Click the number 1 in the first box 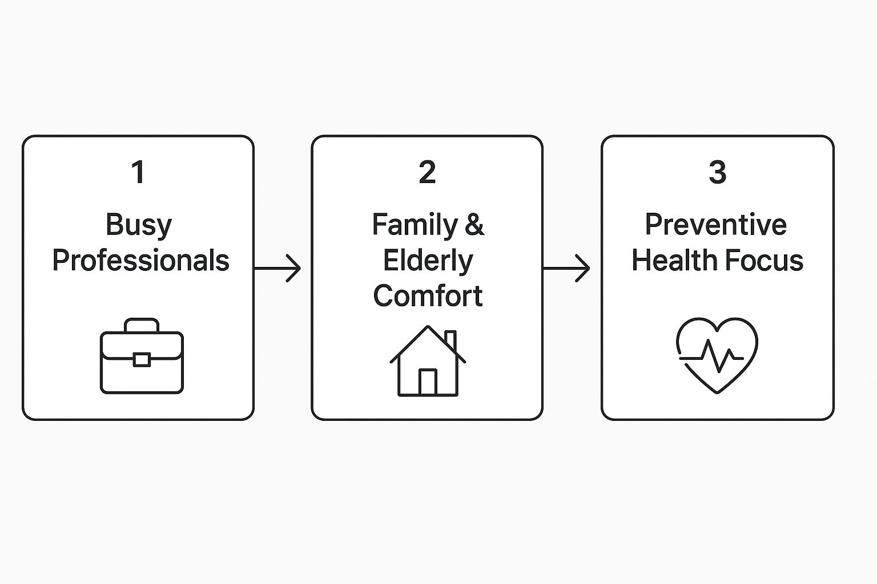[138, 172]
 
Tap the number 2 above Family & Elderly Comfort [427, 172]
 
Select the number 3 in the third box [717, 172]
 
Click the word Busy [139, 225]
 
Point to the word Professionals [140, 261]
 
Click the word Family [415, 225]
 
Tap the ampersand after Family [474, 225]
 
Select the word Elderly [428, 261]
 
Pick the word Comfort [428, 296]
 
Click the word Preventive [716, 225]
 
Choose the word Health [673, 261]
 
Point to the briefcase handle [142, 324]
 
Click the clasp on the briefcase [142, 360]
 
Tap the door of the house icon [428, 382]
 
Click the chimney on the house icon [450, 339]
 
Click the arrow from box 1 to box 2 [277, 267]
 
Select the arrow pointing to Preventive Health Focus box [566, 267]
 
